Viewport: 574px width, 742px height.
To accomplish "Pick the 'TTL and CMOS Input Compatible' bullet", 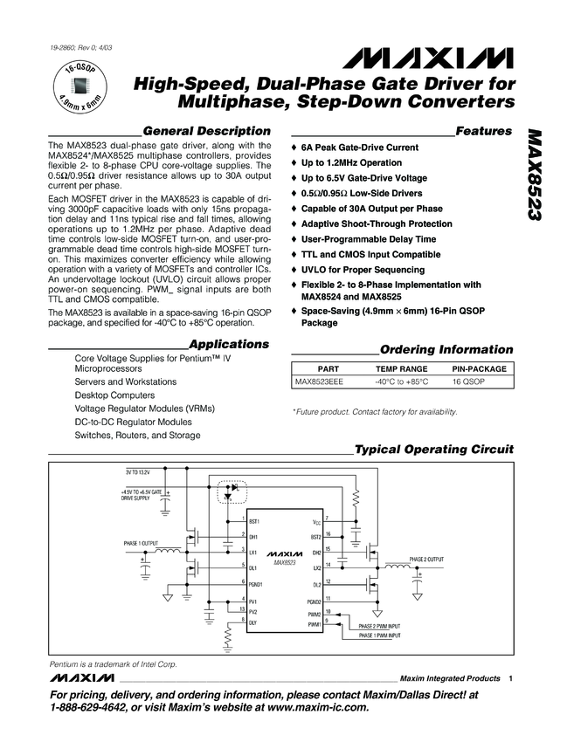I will (371, 253).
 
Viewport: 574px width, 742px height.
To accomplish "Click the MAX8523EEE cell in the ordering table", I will (319, 381).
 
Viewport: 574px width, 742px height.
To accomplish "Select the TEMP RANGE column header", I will (401, 369).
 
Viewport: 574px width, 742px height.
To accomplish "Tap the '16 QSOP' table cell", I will (470, 381).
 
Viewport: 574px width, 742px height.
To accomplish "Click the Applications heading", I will (228, 344).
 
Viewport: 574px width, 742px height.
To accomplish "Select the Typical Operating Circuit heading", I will (433, 449).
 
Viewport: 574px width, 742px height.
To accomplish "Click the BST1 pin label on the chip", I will (254, 520).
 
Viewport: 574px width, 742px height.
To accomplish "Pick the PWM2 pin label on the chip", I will (315, 615).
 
